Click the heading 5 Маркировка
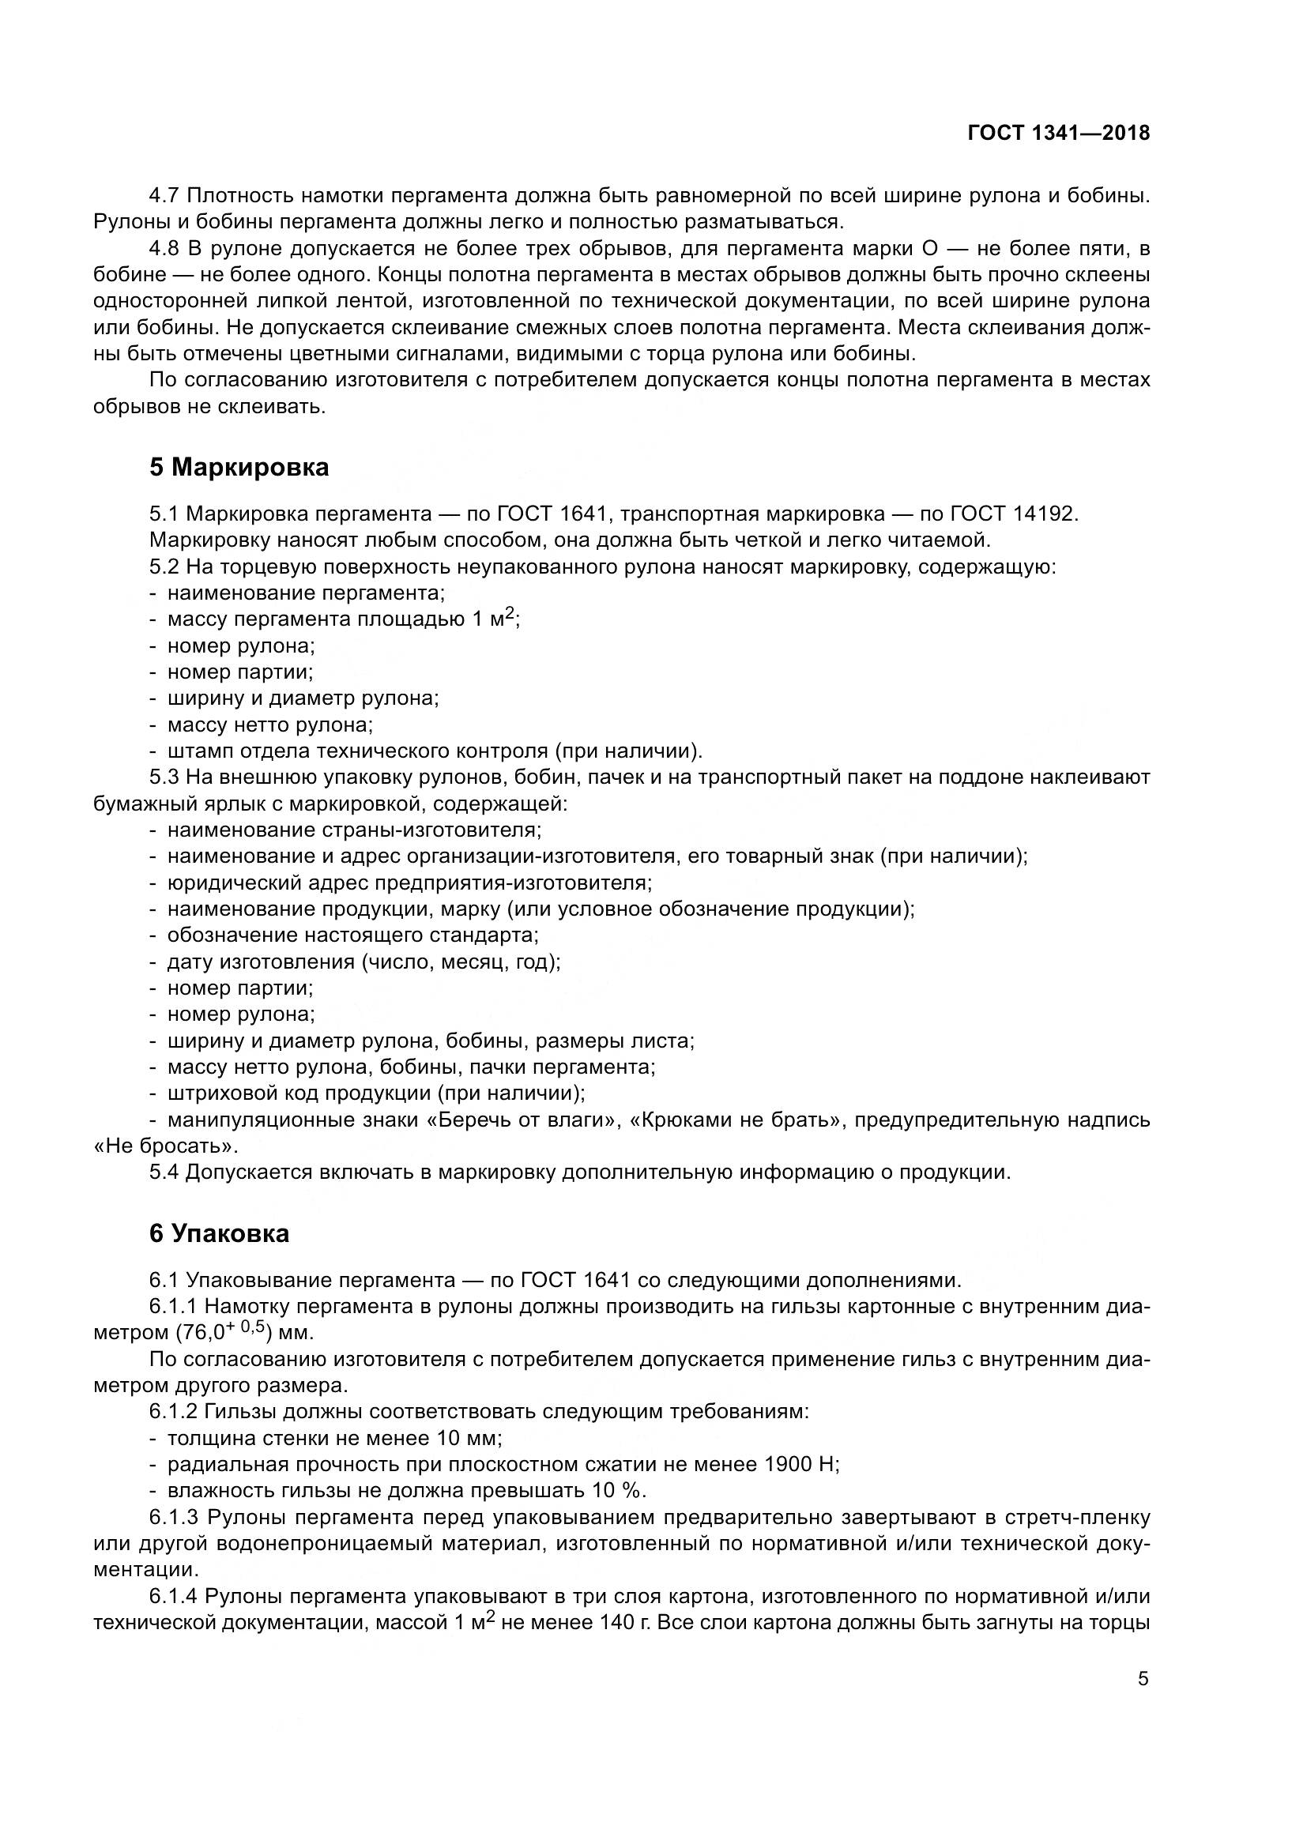pyautogui.click(x=239, y=468)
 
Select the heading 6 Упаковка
pyautogui.click(x=219, y=1234)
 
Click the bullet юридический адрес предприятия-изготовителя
pyautogui.click(x=409, y=883)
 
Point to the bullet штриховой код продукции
pyautogui.click(x=375, y=1093)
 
